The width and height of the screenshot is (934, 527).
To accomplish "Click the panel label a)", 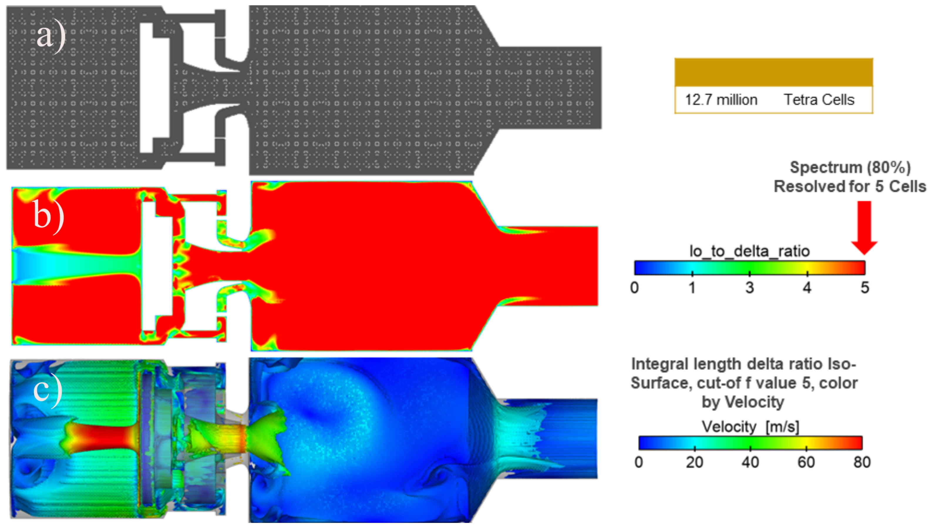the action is click(51, 36).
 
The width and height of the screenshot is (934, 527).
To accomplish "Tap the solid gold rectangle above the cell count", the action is click(773, 72).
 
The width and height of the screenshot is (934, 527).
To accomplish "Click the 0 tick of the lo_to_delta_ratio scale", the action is click(635, 287).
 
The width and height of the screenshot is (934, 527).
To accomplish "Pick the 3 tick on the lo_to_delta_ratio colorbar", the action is click(749, 287).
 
